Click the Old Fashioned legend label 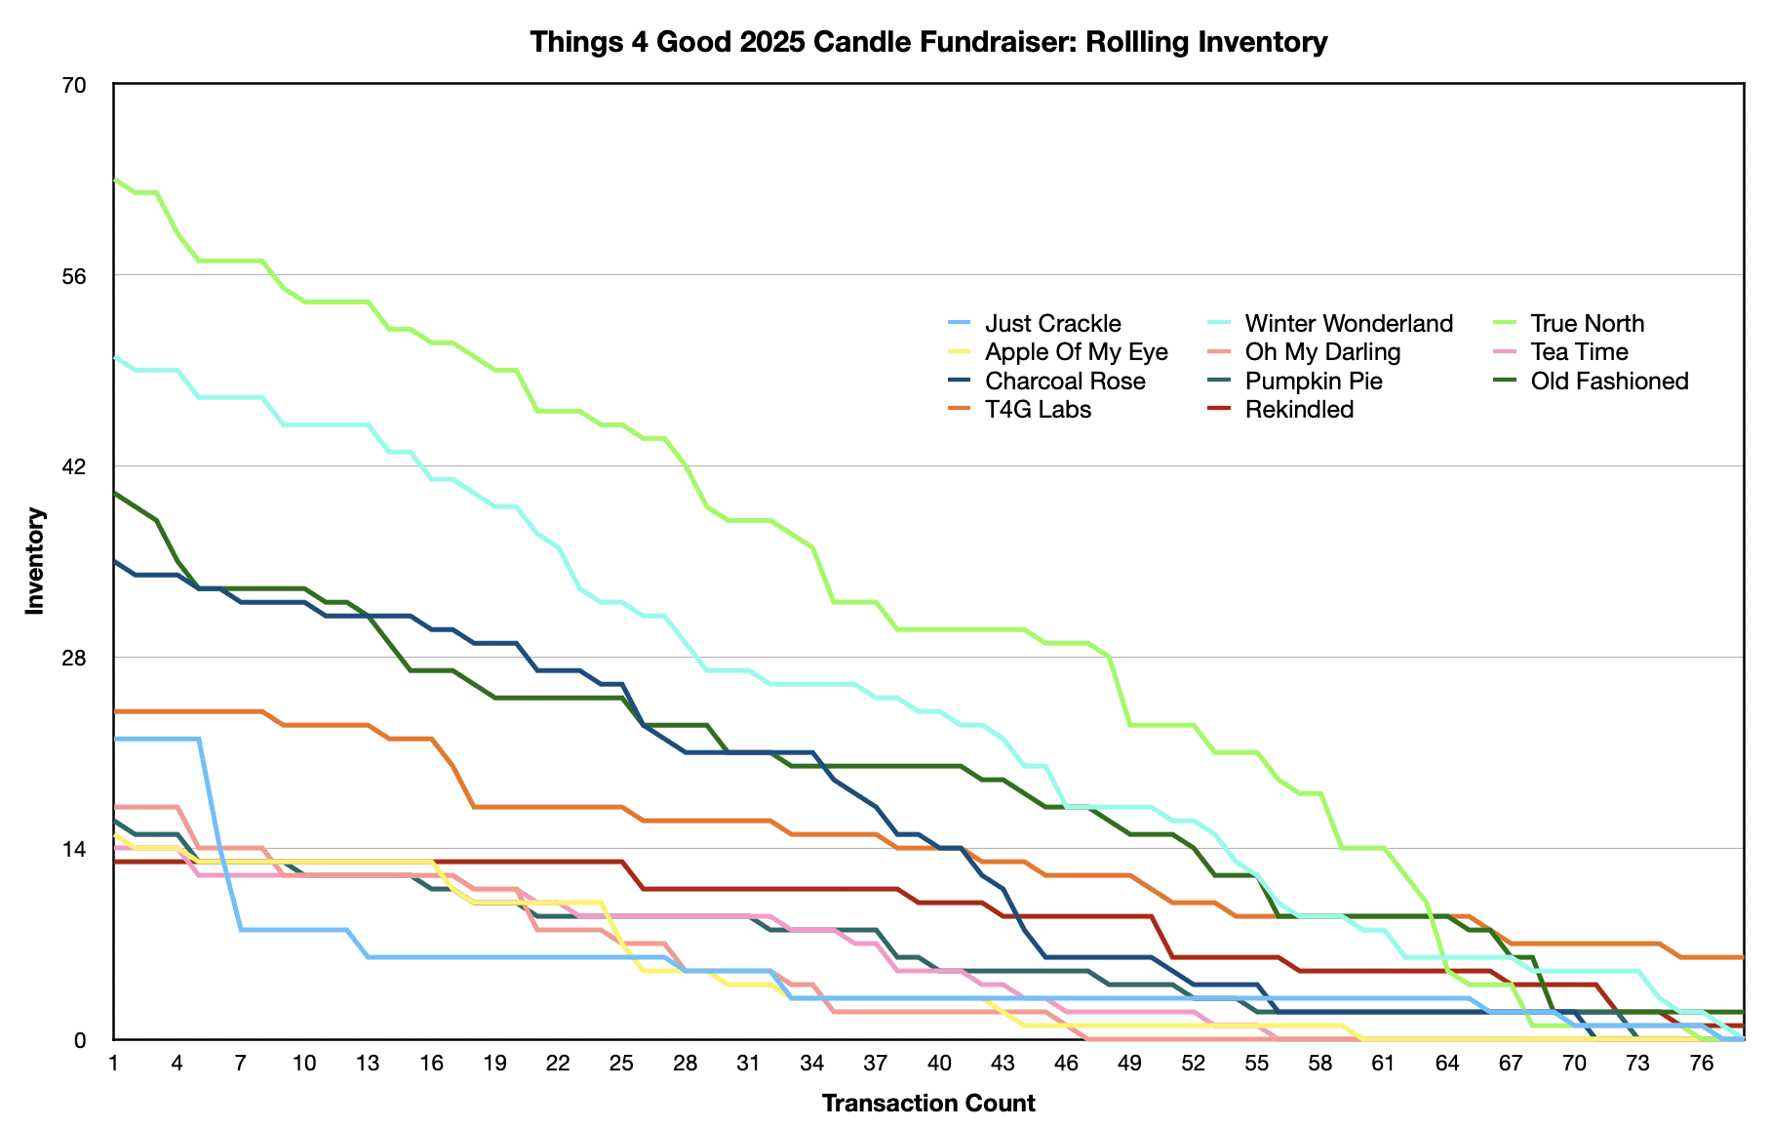coord(1609,382)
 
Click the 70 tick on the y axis coord(75,85)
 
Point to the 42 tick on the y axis coord(75,466)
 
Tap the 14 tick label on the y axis coord(75,848)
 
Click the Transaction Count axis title coord(927,1104)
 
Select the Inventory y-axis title coord(35,561)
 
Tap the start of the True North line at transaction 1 coord(115,180)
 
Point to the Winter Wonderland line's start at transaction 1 coord(115,358)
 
